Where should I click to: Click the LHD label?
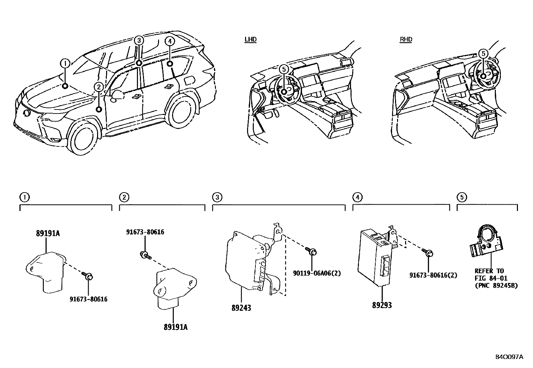click(x=250, y=40)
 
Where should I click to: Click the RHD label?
click(x=406, y=40)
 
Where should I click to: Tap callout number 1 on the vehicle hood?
click(x=65, y=63)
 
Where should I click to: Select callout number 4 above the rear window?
click(x=170, y=41)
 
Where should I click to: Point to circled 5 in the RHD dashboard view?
click(x=483, y=54)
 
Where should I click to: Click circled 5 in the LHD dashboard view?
click(x=284, y=69)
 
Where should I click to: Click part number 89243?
click(x=241, y=308)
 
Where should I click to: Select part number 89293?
click(x=382, y=305)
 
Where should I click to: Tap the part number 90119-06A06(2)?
click(x=317, y=273)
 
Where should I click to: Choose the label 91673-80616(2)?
click(x=433, y=275)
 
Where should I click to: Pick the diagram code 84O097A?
click(x=509, y=357)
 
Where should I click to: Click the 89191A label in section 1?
click(x=48, y=234)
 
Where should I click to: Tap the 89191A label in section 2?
click(x=175, y=327)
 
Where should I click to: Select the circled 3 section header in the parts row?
click(x=217, y=197)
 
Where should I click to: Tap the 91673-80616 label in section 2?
click(x=145, y=232)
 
